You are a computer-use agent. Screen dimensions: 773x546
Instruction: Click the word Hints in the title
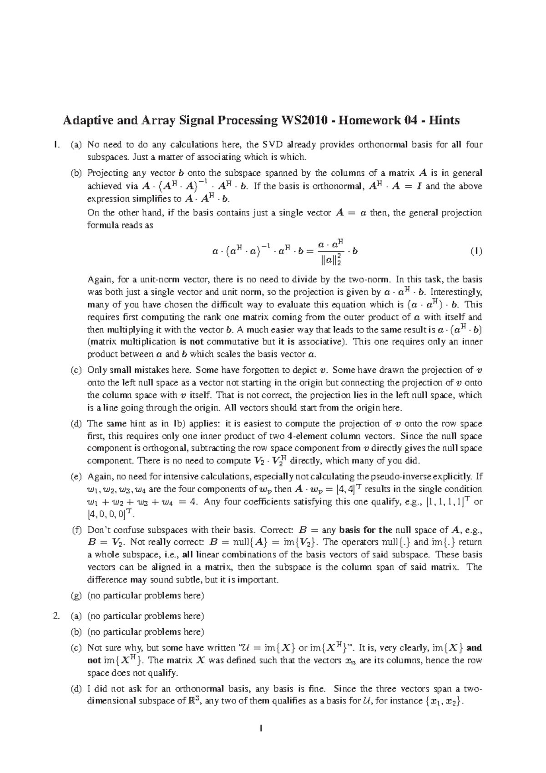pyautogui.click(x=444, y=121)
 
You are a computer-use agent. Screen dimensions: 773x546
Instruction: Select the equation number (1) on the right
pyautogui.click(x=476, y=251)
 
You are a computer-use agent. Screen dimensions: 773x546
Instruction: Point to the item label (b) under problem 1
pyautogui.click(x=76, y=173)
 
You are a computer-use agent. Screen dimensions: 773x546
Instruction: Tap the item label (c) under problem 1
pyautogui.click(x=76, y=370)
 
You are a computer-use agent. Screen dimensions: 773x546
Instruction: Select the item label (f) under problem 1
pyautogui.click(x=76, y=530)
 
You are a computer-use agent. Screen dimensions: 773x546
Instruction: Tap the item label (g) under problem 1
pyautogui.click(x=76, y=595)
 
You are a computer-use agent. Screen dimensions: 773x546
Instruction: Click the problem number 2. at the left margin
pyautogui.click(x=56, y=616)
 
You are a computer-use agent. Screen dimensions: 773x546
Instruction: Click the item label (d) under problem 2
pyautogui.click(x=76, y=689)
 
